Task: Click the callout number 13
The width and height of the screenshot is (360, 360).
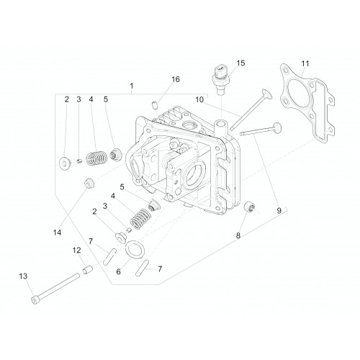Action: point(23,276)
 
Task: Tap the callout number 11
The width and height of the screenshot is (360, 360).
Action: point(305,63)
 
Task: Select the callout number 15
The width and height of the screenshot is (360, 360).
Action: point(240,63)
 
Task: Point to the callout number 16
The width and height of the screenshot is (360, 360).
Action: point(176,79)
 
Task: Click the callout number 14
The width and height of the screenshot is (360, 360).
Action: point(57,233)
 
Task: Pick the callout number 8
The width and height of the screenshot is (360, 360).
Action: point(238,235)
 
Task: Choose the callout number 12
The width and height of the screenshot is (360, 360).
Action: point(77,251)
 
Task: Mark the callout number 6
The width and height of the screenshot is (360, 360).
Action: point(118,272)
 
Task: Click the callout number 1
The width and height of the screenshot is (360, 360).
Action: point(132,86)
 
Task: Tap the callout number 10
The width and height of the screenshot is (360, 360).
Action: point(199,99)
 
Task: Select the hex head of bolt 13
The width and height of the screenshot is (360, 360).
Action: point(35,300)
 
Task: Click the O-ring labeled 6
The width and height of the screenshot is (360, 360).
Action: point(135,250)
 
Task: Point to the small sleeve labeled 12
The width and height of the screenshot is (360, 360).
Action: point(88,271)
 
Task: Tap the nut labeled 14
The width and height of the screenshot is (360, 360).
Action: point(89,184)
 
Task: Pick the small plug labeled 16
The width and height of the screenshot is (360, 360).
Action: point(155,105)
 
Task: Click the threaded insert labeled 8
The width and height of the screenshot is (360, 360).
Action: point(250,207)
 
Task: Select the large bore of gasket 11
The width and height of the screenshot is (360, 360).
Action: point(297,92)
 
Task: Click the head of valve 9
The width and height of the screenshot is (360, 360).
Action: point(277,127)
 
